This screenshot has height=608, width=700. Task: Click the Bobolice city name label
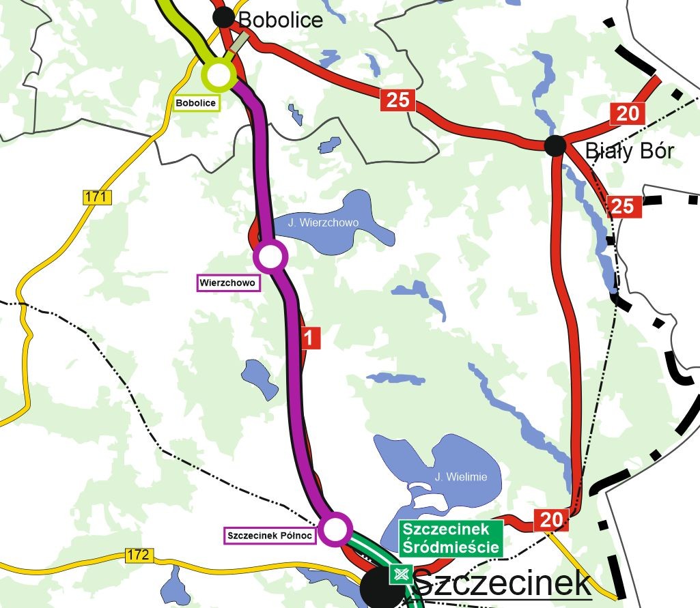(x=280, y=20)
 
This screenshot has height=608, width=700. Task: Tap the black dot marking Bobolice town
(x=223, y=18)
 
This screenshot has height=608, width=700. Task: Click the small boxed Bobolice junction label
(x=196, y=104)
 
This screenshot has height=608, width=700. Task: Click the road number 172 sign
(x=138, y=555)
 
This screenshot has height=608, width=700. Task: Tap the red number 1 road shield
(x=310, y=338)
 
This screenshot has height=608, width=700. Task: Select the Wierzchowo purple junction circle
(x=270, y=257)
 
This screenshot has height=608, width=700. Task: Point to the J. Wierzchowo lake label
(x=323, y=222)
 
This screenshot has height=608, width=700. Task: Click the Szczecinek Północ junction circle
(x=335, y=529)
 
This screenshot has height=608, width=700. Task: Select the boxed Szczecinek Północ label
(x=269, y=536)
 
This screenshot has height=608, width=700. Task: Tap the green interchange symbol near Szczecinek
(x=400, y=574)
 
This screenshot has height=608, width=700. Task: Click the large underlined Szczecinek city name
(x=502, y=583)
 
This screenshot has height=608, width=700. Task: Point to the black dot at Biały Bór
(x=555, y=145)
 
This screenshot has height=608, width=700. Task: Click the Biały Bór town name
(x=629, y=150)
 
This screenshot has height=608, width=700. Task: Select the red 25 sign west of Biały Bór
(x=397, y=100)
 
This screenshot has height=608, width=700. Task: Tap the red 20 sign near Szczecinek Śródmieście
(x=550, y=520)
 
